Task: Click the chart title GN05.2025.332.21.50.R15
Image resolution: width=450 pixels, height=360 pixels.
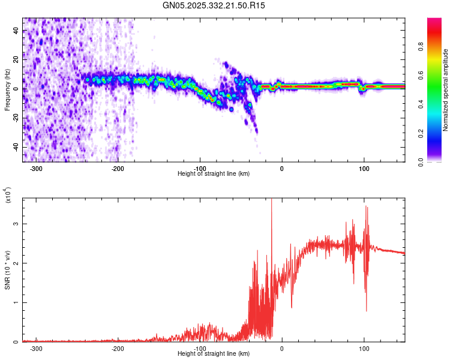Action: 214,5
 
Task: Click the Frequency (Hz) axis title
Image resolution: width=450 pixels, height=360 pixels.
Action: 7,90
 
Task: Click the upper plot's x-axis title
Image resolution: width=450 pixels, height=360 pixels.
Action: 214,174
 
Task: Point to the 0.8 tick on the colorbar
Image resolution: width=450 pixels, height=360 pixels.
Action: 436,62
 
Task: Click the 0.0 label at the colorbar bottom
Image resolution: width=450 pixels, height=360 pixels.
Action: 436,160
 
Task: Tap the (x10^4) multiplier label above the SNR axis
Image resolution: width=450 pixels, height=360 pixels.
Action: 8,195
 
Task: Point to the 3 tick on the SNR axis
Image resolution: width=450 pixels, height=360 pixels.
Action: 17,224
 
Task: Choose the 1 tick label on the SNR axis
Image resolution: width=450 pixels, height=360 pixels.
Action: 17,303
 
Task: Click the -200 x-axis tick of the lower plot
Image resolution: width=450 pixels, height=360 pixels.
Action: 118,349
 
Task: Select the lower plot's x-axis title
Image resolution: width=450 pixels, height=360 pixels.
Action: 214,354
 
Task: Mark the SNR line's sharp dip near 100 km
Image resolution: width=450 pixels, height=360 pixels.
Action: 366,310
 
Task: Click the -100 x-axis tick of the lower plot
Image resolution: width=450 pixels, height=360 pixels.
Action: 200,349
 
